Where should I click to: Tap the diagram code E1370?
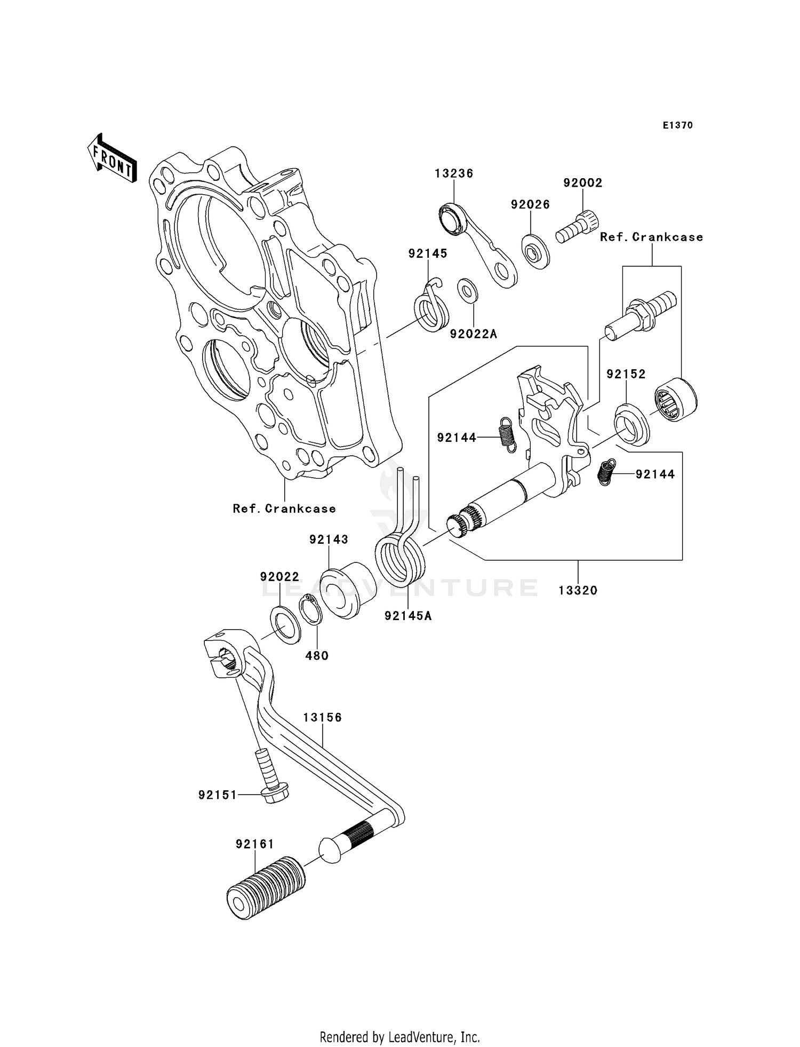pos(677,125)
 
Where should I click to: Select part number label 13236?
pos(453,173)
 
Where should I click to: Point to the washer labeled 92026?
pos(534,251)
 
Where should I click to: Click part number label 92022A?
pos(473,334)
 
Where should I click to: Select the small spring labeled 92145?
pos(431,308)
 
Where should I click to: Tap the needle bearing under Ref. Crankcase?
pos(675,399)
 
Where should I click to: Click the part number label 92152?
pos(626,374)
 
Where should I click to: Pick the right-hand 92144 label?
pos(655,474)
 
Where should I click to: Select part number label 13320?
pos(578,590)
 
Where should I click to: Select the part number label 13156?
pos(322,718)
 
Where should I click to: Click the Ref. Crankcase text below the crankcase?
pos(284,509)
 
